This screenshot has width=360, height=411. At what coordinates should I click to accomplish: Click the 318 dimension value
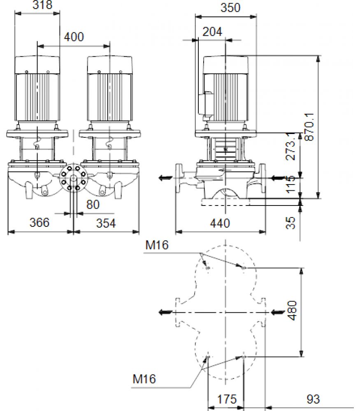42,5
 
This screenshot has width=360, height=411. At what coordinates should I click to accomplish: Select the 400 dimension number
74,37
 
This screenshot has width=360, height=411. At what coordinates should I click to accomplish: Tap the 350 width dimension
230,7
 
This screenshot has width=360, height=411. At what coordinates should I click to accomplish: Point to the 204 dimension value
212,32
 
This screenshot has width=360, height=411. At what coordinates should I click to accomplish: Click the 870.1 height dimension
309,127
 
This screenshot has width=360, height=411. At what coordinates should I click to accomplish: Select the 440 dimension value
220,223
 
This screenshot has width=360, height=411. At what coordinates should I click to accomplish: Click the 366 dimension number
39,222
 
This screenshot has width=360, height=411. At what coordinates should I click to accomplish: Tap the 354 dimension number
106,223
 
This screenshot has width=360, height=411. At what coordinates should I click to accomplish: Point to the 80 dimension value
93,205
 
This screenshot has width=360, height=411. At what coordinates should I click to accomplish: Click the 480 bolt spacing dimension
292,311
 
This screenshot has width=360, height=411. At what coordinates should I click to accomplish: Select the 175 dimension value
227,399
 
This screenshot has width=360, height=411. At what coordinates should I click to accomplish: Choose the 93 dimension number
313,399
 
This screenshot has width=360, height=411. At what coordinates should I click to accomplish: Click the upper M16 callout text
157,245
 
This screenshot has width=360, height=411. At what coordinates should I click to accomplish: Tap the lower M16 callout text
144,379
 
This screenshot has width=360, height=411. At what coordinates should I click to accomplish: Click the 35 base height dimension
290,223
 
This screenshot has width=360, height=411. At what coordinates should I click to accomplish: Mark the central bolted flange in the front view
74,178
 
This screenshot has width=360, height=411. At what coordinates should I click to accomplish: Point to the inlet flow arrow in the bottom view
278,312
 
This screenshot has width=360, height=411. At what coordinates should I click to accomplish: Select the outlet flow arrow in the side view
166,178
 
